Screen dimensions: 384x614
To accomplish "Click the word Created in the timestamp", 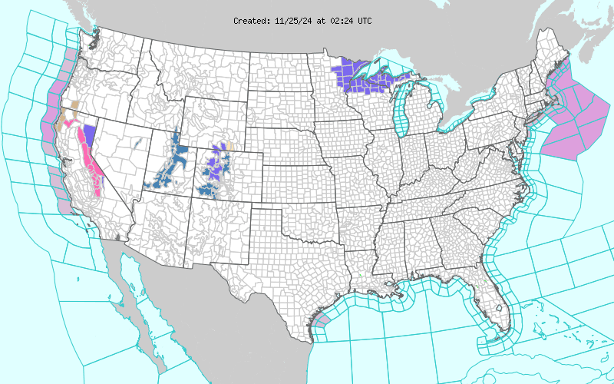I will pyautogui.click(x=251, y=21).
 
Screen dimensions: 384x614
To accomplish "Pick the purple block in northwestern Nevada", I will pyautogui.click(x=90, y=136).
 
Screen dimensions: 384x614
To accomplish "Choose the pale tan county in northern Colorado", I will pyautogui.click(x=229, y=144).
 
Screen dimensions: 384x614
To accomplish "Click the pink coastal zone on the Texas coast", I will pyautogui.click(x=323, y=320).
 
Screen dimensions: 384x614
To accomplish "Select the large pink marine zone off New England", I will pyautogui.click(x=572, y=115).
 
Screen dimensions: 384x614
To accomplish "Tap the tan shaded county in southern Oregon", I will pyautogui.click(x=74, y=104).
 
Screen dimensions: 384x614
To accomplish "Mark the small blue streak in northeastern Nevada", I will pyautogui.click(x=138, y=141).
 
